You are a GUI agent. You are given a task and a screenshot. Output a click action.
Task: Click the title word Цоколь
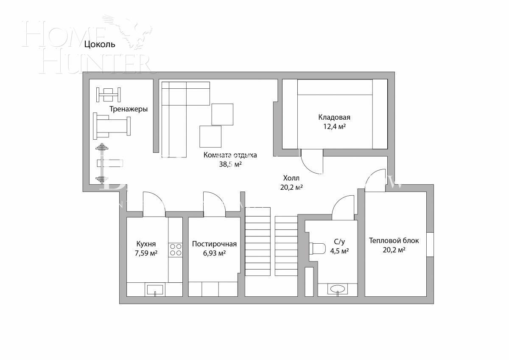coord(100,44)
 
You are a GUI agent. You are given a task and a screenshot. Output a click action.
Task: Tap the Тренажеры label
coord(129,109)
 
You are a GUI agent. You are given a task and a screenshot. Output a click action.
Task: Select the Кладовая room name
coord(334,118)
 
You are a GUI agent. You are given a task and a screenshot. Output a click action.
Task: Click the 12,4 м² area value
coord(334,127)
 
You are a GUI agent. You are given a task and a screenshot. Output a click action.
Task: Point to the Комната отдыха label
coord(230,155)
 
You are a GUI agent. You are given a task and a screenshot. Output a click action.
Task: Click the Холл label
coord(291,178)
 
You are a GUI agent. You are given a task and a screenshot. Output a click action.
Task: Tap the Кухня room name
coord(146,244)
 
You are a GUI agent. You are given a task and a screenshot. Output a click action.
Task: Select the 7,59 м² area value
coord(146,253)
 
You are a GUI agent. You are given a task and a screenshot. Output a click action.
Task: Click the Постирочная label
coord(214,244)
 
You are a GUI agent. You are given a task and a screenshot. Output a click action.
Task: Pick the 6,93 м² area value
coord(214,253)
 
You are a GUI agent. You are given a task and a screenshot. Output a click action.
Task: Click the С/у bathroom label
coord(340,242)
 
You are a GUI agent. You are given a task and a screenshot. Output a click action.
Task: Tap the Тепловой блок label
coord(394,241)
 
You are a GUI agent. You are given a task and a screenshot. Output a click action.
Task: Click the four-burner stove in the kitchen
coord(176,250)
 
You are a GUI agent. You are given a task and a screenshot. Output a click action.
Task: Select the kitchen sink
coord(155,290)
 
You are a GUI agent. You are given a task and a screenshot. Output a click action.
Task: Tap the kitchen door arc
coord(153,202)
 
